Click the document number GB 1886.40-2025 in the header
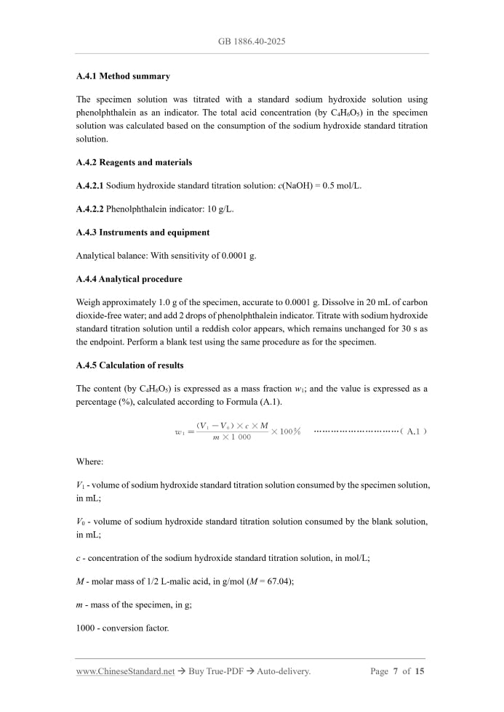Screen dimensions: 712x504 click(252, 41)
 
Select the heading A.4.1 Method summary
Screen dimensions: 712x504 click(123, 76)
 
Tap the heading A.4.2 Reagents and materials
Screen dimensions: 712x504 click(134, 163)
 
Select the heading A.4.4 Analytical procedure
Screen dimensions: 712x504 click(129, 279)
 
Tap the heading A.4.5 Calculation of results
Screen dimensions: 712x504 click(129, 365)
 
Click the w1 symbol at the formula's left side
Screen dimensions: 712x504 click(180, 432)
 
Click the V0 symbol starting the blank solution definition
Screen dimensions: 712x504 click(81, 522)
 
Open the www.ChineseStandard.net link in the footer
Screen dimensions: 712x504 click(125, 671)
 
